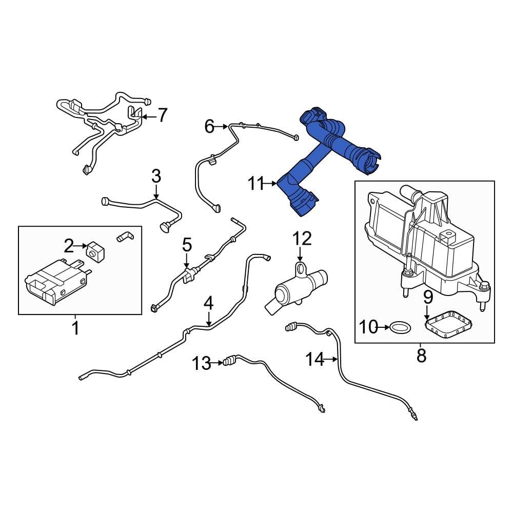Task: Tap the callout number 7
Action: pos(162,115)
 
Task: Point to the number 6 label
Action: pos(209,126)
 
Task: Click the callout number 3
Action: pos(156,176)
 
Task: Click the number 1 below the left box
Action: pos(75,327)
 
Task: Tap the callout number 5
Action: pos(187,245)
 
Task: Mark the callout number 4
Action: pos(208,303)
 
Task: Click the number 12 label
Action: pos(302,239)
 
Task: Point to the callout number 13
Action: pos(202,364)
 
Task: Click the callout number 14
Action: pos(315,360)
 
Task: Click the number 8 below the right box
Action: pos(421,356)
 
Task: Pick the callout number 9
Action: pos(428,297)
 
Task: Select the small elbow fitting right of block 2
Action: pos(125,236)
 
